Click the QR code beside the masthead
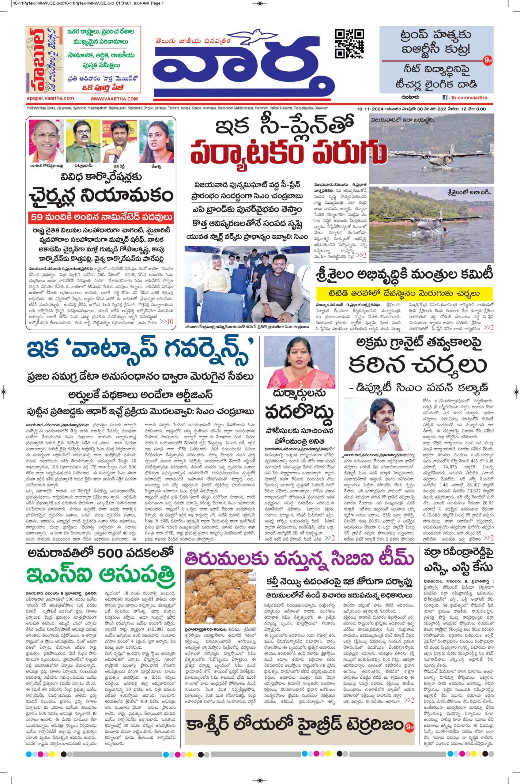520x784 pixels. tap(349, 43)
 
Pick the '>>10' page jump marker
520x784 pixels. tap(167, 321)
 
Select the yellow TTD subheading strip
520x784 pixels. tap(405, 293)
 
